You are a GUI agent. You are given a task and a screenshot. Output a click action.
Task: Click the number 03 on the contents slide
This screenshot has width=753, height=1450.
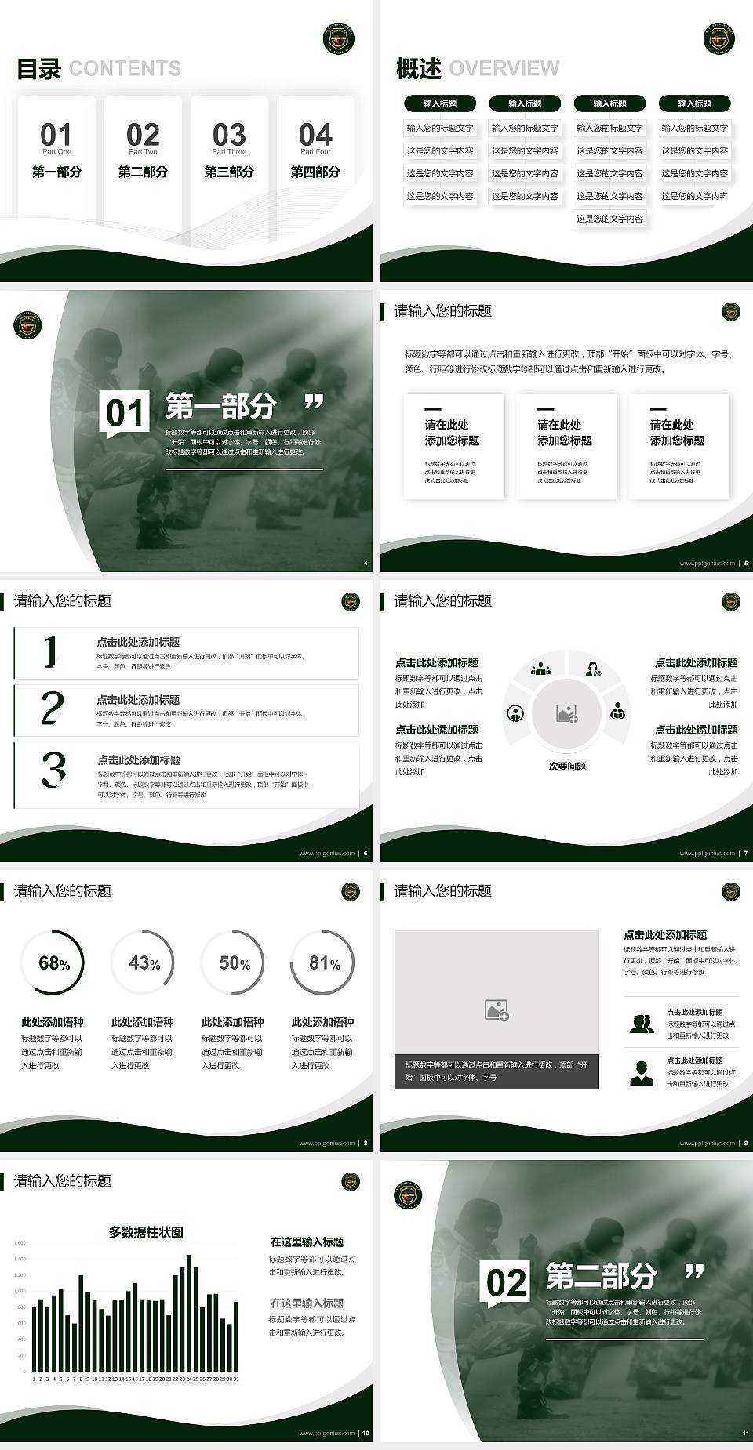click(229, 134)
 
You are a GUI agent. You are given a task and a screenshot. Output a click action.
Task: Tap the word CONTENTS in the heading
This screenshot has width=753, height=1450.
click(125, 69)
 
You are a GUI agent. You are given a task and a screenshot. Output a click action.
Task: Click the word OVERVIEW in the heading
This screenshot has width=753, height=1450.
click(504, 69)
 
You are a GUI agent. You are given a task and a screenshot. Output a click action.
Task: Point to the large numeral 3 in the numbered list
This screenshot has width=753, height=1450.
click(53, 770)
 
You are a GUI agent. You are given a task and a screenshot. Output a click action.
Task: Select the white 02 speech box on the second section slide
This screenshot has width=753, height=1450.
click(506, 1283)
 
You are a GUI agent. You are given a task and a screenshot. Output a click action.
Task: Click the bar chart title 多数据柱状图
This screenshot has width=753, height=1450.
click(146, 1232)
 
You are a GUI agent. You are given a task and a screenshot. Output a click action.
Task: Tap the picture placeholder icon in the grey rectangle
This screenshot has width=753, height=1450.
click(497, 1010)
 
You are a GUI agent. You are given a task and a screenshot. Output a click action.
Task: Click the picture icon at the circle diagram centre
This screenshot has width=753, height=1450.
click(566, 713)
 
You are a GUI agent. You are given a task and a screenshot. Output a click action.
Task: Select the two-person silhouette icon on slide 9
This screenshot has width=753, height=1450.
click(642, 1024)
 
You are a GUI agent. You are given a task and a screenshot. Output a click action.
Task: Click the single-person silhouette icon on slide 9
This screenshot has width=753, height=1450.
click(642, 1072)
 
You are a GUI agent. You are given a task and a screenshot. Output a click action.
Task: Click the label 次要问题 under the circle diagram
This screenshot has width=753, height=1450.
click(567, 767)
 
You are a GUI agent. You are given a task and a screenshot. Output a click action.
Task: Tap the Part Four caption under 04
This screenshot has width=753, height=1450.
click(315, 152)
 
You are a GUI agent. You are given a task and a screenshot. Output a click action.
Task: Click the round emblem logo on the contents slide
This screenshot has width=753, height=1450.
click(339, 38)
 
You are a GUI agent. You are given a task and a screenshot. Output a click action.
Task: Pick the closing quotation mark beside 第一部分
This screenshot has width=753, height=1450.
click(314, 403)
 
